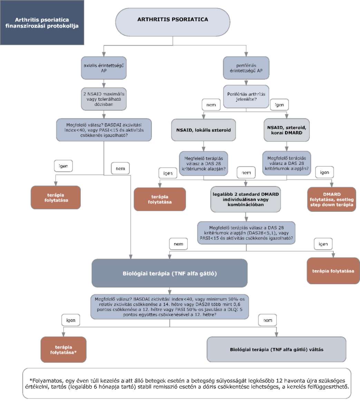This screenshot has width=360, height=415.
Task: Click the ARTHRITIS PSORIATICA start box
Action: [173, 22]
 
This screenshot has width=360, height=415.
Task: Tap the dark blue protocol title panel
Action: [42, 22]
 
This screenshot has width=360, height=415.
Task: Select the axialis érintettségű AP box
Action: [104, 68]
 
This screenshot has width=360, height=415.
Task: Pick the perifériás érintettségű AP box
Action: [246, 68]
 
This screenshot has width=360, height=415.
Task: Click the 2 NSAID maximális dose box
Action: [104, 99]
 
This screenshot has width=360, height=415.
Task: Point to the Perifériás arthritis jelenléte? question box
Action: [246, 97]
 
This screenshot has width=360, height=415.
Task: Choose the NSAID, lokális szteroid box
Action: [204, 130]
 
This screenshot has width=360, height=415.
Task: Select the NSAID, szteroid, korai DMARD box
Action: [286, 130]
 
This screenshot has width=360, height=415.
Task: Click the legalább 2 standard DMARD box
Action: [245, 199]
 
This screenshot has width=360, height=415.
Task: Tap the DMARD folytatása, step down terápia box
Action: [332, 199]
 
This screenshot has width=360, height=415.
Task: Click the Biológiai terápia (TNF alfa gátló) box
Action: [169, 273]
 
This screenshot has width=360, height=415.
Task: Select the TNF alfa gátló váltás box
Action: [276, 349]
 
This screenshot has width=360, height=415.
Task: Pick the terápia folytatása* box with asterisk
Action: [64, 349]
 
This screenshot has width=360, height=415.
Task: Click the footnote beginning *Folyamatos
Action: [187, 383]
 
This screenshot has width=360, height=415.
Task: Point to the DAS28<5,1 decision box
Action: [246, 233]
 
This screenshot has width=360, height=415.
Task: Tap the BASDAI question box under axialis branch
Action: [104, 130]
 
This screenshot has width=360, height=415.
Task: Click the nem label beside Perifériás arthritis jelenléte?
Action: [211, 105]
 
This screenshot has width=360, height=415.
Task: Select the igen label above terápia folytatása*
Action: [71, 320]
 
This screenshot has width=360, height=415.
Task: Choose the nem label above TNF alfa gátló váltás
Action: [267, 320]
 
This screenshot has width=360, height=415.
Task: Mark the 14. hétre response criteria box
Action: [169, 307]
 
